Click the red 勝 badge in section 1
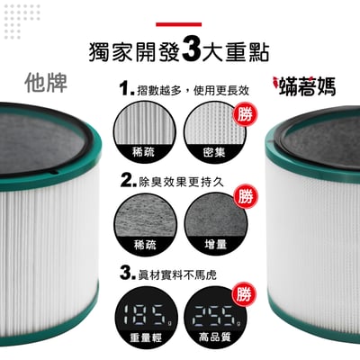242,112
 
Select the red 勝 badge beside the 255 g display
242,294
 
